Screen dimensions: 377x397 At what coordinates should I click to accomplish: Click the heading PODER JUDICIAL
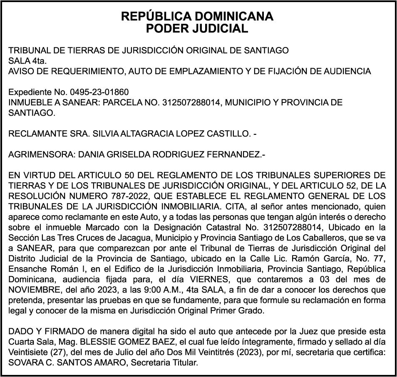point(197,29)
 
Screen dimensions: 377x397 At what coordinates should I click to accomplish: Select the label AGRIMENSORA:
point(36,155)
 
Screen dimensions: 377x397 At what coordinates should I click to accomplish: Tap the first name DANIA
point(79,155)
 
